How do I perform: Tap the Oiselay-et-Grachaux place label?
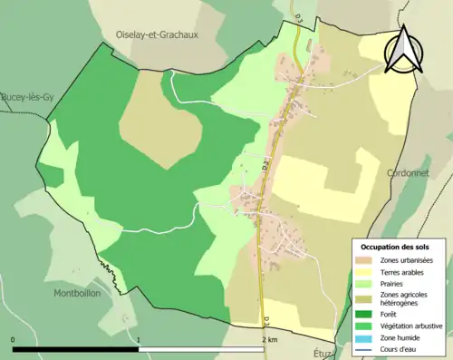coord(156,34)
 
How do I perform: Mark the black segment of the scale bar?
coord(76,348)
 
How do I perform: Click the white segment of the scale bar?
coord(201,348)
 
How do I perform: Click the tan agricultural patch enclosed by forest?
coord(159,122)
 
